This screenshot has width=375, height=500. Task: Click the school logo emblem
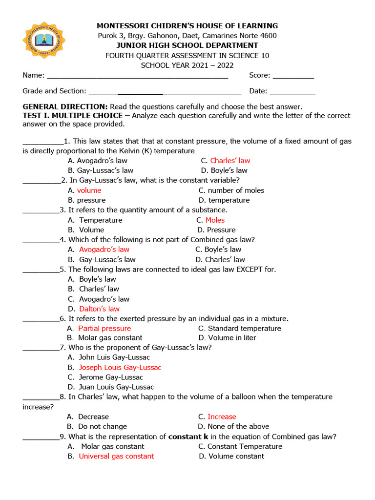tap(44, 40)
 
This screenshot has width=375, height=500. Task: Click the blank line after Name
tap(137, 77)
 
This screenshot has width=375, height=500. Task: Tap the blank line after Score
tap(293, 77)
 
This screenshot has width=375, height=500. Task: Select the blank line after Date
tap(292, 92)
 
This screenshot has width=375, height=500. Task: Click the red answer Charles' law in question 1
tap(230, 161)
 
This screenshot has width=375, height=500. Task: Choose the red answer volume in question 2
tap(89, 190)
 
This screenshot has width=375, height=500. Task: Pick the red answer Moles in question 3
tap(215, 220)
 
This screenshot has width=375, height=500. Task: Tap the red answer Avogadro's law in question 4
tap(104, 250)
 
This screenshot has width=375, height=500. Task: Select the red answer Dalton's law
tap(99, 309)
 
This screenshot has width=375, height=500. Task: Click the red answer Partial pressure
tap(104, 329)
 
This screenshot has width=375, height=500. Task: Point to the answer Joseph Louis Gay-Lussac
tap(120, 368)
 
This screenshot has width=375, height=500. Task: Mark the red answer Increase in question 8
tap(222, 417)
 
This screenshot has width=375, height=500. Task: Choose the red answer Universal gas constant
tap(116, 457)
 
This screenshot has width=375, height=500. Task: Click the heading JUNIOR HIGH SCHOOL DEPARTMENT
tap(187, 45)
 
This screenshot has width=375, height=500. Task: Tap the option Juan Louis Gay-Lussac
tap(116, 387)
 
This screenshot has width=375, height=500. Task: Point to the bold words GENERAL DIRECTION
tap(65, 106)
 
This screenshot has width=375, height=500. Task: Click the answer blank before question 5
tap(41, 270)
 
